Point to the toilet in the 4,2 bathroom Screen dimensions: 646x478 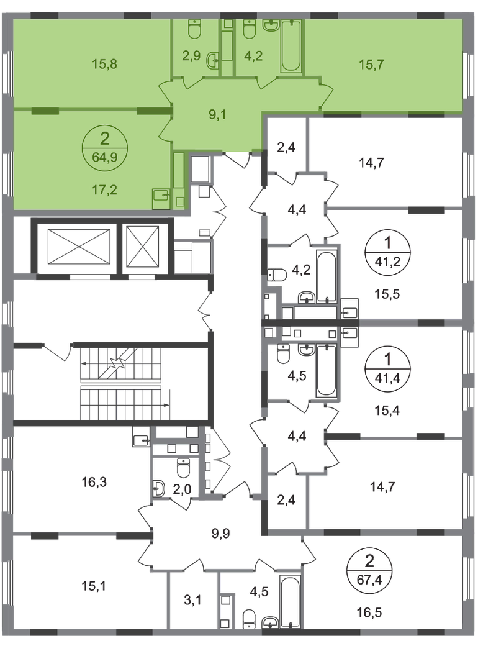point(250,29)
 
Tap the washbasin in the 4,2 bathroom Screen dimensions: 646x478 point(271,26)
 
